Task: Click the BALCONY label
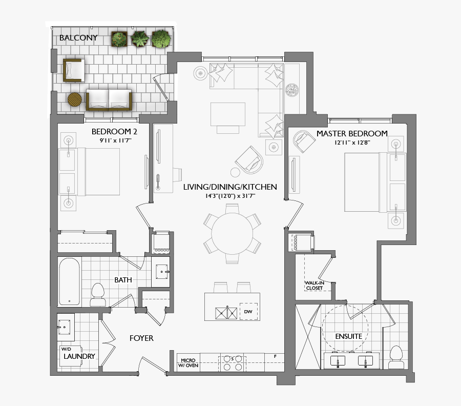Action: click(x=78, y=38)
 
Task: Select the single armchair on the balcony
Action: click(x=73, y=70)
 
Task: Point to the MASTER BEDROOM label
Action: click(x=351, y=134)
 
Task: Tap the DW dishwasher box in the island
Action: click(x=248, y=312)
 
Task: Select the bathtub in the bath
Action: click(x=69, y=282)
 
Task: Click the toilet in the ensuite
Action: click(x=395, y=357)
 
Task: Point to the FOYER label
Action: click(x=141, y=338)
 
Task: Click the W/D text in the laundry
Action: click(x=67, y=349)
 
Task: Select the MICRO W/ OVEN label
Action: click(x=187, y=362)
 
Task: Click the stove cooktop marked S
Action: click(x=232, y=363)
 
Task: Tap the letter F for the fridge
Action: click(x=275, y=356)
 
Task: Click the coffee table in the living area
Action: click(x=228, y=114)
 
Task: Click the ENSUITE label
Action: click(x=348, y=337)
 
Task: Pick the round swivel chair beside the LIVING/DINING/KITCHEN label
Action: click(x=251, y=159)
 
